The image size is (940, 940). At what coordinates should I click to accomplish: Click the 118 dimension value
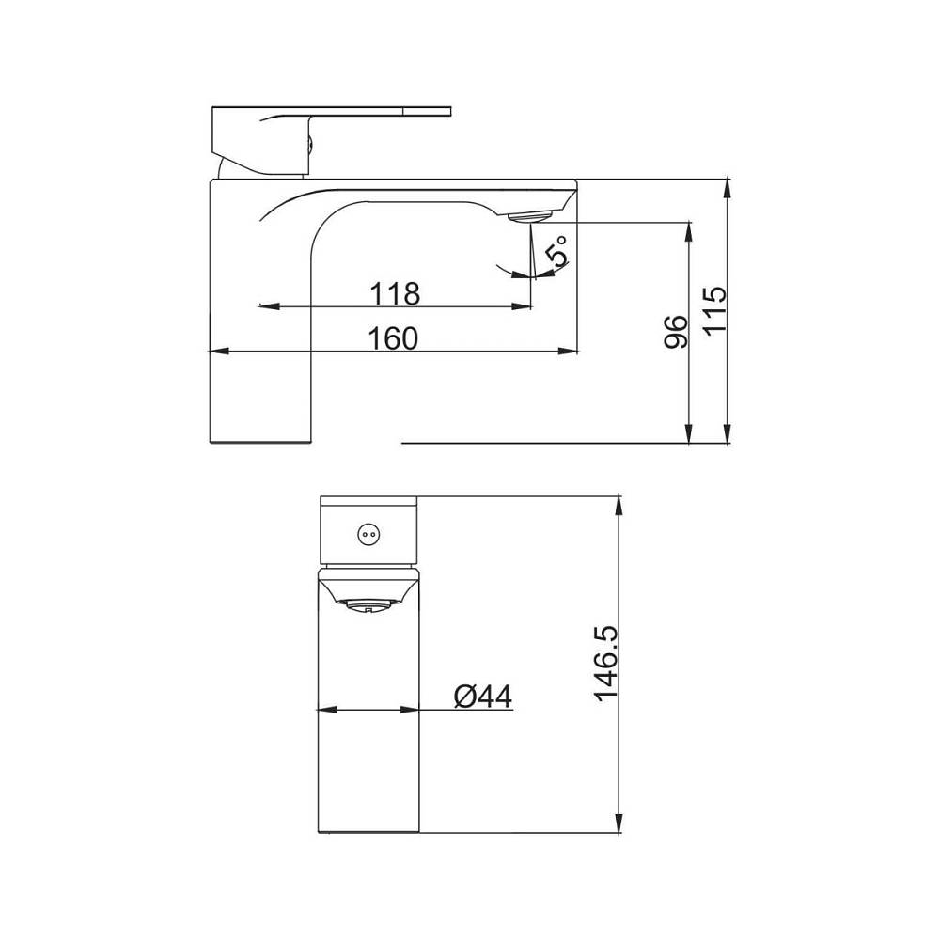tap(394, 293)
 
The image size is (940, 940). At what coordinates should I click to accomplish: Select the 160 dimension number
tap(392, 338)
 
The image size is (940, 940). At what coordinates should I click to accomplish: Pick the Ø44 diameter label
tap(483, 696)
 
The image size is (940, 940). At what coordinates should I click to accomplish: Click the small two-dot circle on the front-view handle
tap(367, 534)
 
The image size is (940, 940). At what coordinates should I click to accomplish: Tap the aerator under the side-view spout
tap(530, 216)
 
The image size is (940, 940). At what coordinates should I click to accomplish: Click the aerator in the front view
tap(367, 606)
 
